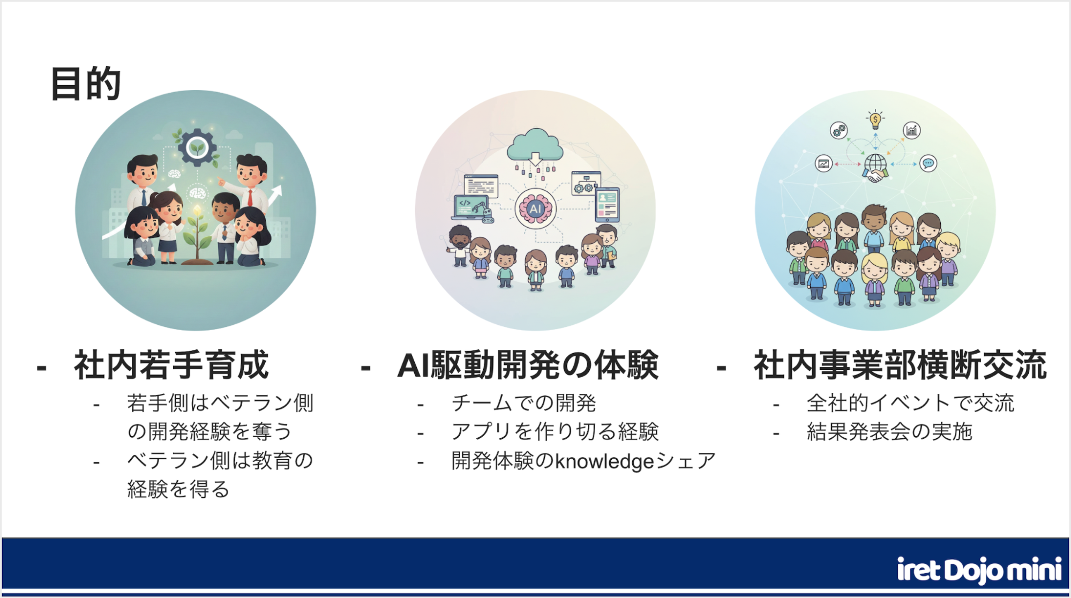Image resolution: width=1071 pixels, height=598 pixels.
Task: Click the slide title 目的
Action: tap(86, 84)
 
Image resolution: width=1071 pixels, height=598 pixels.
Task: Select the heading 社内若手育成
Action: tap(171, 365)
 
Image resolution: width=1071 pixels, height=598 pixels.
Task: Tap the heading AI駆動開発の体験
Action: tap(528, 365)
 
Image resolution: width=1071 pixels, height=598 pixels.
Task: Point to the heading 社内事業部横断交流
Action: tap(900, 365)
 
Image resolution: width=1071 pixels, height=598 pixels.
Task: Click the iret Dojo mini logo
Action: tap(979, 570)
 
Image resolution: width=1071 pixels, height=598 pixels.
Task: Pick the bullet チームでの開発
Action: tap(523, 403)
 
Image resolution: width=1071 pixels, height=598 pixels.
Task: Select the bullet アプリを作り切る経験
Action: tap(555, 432)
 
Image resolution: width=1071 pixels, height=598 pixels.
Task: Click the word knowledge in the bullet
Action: tap(604, 461)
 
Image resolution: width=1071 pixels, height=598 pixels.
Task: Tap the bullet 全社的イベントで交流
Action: tap(910, 403)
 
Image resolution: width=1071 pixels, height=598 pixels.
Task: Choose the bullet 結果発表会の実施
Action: tap(889, 432)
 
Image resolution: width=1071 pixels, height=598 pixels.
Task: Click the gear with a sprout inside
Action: tap(197, 147)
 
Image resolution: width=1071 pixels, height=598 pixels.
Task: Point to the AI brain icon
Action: tap(535, 209)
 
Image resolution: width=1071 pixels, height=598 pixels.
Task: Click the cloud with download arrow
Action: tap(535, 147)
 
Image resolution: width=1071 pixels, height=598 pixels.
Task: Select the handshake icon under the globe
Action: tap(875, 175)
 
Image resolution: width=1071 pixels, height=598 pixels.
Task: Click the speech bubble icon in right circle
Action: tap(928, 163)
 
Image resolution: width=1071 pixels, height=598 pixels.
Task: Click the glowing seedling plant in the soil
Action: tap(198, 236)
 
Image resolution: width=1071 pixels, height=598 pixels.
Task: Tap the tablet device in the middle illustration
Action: tap(607, 205)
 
